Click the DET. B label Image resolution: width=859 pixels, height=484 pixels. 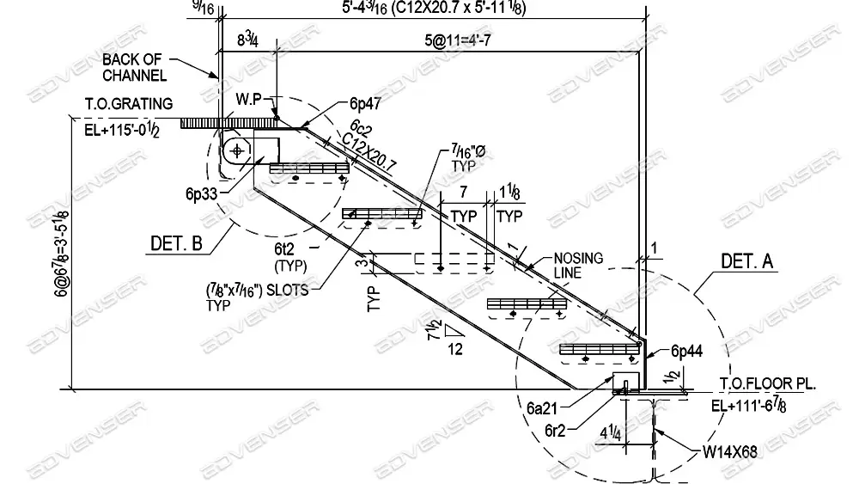[176, 243]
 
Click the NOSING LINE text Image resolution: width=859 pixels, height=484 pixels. [578, 265]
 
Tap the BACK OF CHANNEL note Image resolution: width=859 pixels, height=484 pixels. [136, 67]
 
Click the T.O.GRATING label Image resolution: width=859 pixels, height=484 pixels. [128, 104]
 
